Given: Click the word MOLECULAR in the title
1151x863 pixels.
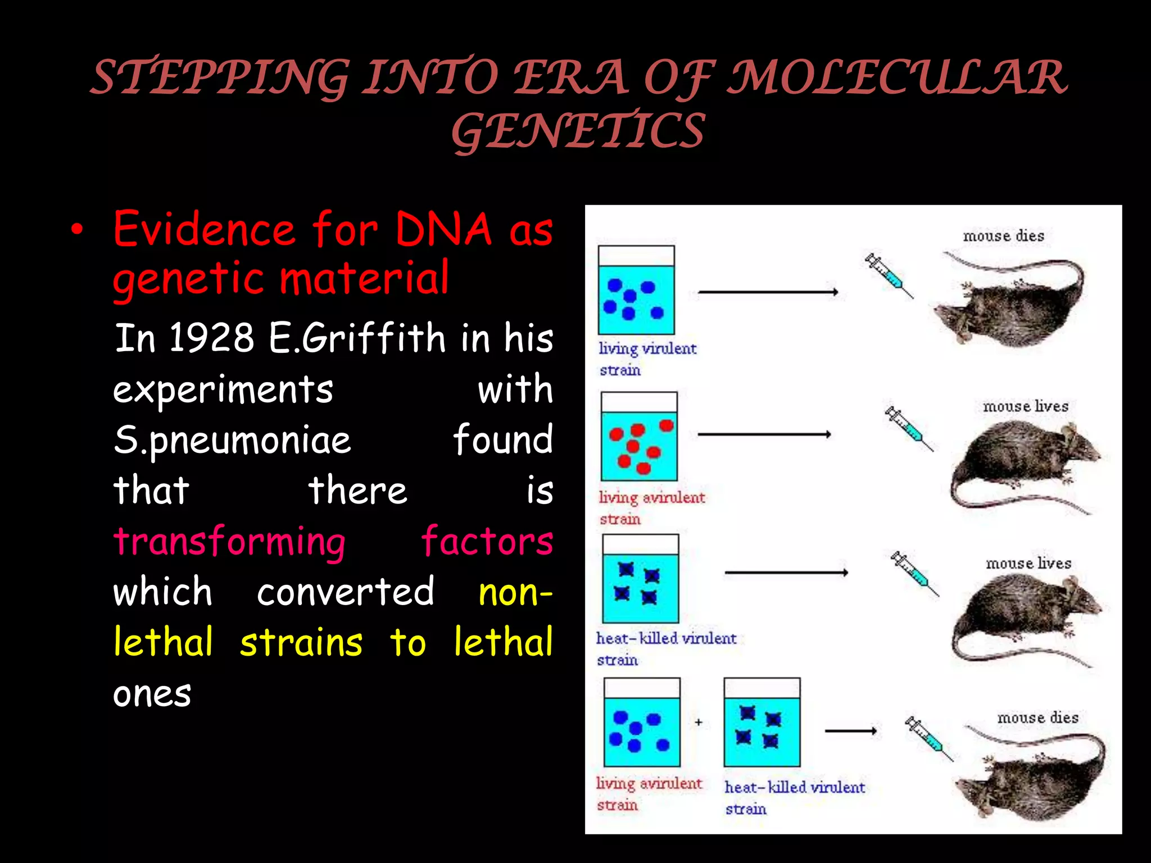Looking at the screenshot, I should coord(898,78).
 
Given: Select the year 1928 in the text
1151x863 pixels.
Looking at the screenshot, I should coord(211,338).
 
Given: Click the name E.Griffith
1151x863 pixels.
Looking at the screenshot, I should coord(357,338).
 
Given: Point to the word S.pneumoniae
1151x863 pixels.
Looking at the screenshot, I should coord(232,440).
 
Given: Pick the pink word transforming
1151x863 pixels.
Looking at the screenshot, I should coord(229,542).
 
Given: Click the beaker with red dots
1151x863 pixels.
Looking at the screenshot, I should coord(639,437).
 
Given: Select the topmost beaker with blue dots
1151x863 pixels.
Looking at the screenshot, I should coord(636,290).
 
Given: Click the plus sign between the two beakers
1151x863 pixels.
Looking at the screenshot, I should coord(699,722).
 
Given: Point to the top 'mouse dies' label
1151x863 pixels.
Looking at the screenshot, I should coord(1003,236).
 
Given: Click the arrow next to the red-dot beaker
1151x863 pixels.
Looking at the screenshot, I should coord(764,434).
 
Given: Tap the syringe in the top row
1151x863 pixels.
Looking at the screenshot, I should coord(889,275).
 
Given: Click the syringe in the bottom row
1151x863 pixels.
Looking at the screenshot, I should coord(928,738).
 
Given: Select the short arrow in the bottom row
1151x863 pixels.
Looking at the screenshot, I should coord(850,731).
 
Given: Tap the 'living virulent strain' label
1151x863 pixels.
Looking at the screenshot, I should coord(646,358).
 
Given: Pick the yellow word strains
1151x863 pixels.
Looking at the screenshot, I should coord(301,643).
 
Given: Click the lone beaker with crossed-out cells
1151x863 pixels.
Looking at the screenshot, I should coord(640,579).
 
